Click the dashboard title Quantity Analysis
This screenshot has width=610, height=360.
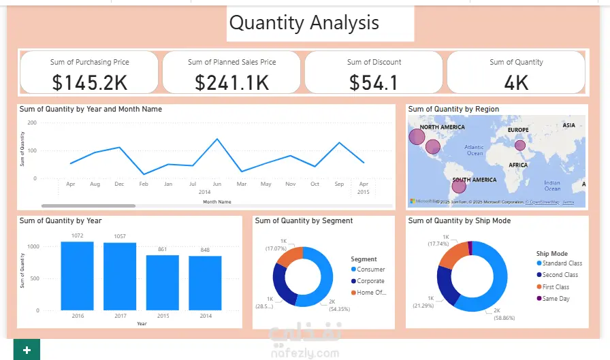coord(304,23)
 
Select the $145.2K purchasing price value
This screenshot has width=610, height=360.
coord(90,82)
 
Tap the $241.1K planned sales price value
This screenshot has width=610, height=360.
coord(231,82)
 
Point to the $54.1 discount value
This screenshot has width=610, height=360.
coord(374,82)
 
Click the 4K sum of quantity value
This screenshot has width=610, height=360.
coord(516,82)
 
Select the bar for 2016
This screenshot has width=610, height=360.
coord(77,276)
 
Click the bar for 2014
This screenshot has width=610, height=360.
coord(205,282)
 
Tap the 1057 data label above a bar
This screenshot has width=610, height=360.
coord(119,236)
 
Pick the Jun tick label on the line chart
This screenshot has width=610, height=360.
coord(217,184)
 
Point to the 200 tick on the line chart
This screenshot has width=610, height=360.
coord(32,122)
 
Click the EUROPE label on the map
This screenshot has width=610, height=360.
coord(517,129)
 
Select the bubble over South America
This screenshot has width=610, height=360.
coord(460,185)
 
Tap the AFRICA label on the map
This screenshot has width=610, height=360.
coord(518,165)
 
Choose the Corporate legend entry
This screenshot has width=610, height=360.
coord(370,281)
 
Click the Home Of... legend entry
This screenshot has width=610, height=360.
coord(371,293)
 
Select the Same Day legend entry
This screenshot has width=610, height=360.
coord(556,299)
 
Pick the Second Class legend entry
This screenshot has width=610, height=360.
coord(560,275)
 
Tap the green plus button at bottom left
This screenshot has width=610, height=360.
coord(27,350)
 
